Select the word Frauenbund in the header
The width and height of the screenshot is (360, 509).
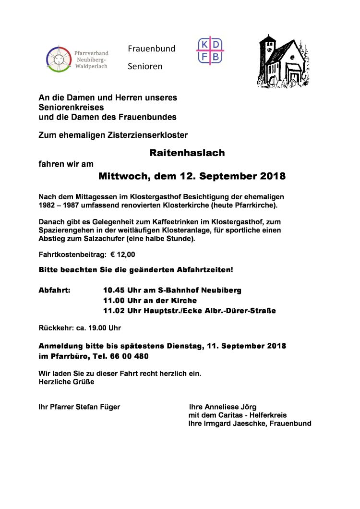click(151, 48)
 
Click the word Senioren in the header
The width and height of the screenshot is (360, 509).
click(145, 66)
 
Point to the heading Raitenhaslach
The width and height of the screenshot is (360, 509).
click(187, 153)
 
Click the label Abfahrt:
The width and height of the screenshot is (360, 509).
click(54, 291)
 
